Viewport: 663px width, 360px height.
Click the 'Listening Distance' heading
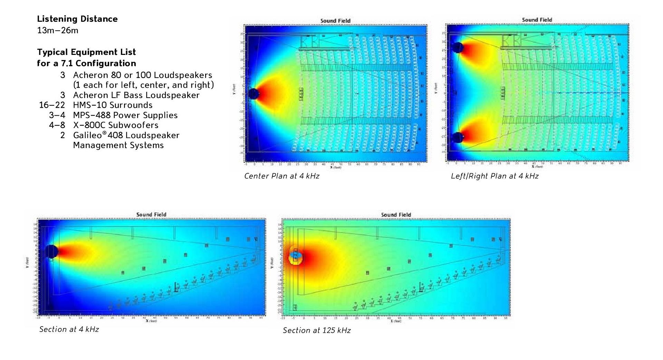(77, 19)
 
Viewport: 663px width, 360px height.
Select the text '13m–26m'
(58, 30)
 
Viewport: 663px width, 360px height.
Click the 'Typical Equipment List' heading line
(86, 52)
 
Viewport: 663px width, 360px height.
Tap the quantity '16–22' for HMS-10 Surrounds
(52, 105)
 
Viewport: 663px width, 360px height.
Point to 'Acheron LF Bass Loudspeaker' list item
(136, 95)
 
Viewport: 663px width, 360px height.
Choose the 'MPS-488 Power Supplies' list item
(125, 115)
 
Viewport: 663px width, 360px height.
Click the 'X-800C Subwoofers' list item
(116, 125)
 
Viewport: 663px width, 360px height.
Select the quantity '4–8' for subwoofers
(57, 125)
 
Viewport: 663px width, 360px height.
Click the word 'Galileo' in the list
(88, 135)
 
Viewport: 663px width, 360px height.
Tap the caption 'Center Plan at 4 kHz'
(281, 176)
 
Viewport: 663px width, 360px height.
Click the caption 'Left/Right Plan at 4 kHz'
(494, 176)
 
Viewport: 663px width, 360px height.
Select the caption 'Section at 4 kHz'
(69, 329)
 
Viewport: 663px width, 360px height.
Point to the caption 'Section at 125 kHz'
(317, 330)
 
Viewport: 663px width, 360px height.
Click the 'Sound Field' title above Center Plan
(335, 21)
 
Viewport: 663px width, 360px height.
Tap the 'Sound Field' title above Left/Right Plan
(537, 20)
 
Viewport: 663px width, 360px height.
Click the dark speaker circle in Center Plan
(253, 94)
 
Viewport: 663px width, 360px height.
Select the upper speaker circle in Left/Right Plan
(458, 47)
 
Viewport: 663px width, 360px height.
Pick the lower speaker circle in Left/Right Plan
(458, 137)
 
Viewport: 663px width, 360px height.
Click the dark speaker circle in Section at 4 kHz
(51, 252)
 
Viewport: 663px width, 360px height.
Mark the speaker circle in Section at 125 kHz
(296, 256)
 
